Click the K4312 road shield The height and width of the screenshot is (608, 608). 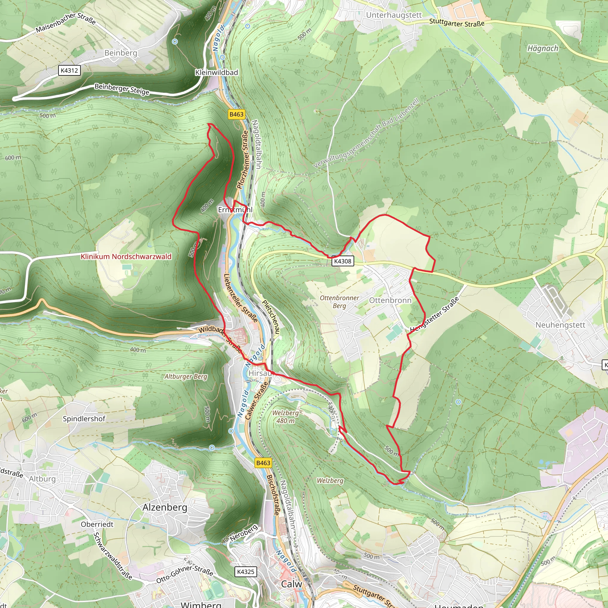pyautogui.click(x=69, y=70)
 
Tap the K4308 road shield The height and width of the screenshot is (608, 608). pyautogui.click(x=343, y=261)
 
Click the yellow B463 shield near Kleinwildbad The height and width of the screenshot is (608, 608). pyautogui.click(x=236, y=114)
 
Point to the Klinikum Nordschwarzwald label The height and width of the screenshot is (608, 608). pyautogui.click(x=126, y=256)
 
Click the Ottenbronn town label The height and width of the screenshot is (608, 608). pyautogui.click(x=390, y=300)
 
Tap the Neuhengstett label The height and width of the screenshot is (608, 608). pyautogui.click(x=560, y=325)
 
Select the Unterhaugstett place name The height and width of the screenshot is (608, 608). pyautogui.click(x=394, y=15)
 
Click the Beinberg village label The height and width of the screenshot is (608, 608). pyautogui.click(x=121, y=53)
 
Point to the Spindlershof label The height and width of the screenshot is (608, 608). pyautogui.click(x=84, y=419)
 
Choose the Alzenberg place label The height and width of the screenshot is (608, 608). pyautogui.click(x=164, y=507)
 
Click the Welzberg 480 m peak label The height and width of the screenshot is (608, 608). pyautogui.click(x=285, y=417)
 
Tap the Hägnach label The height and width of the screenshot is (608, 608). pyautogui.click(x=543, y=48)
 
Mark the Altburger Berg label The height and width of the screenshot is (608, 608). pyautogui.click(x=186, y=376)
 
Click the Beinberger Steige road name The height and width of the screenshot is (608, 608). pyautogui.click(x=122, y=89)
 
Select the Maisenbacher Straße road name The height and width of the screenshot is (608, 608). pyautogui.click(x=65, y=22)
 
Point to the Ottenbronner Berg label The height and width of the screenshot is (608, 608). pyautogui.click(x=339, y=302)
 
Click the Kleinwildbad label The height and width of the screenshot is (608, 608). pyautogui.click(x=216, y=72)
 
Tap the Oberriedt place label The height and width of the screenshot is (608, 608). pyautogui.click(x=97, y=524)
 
